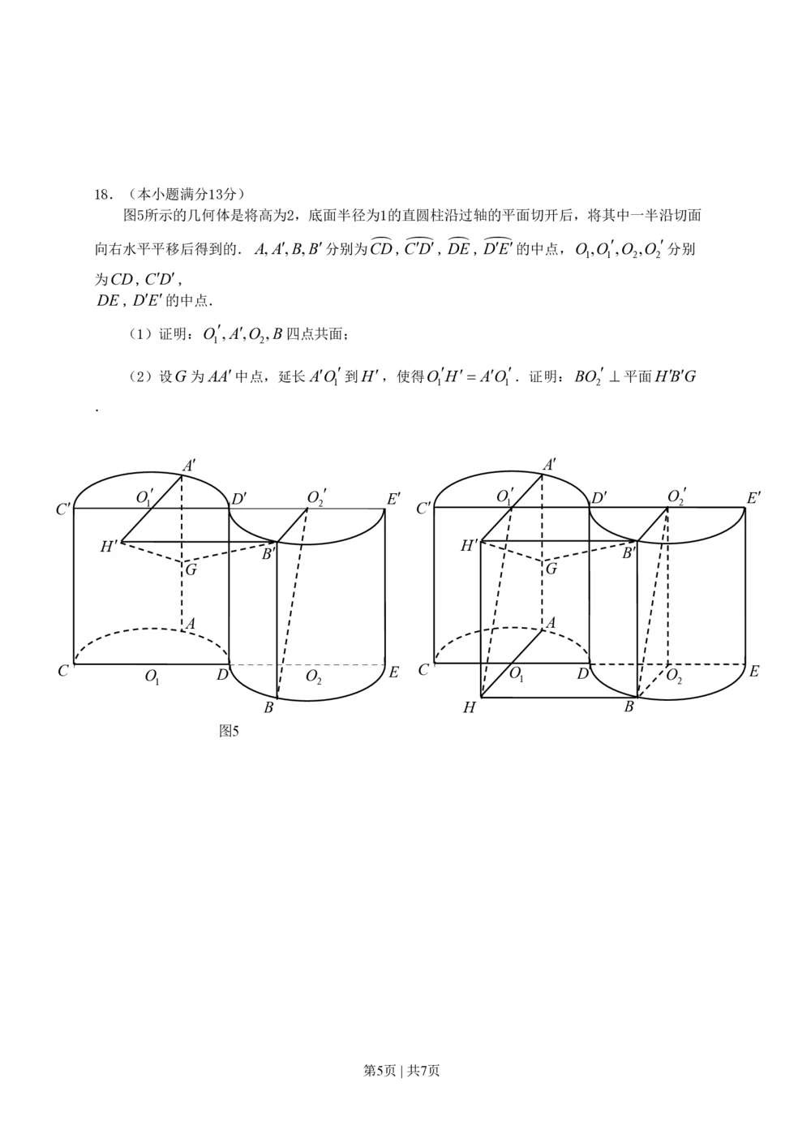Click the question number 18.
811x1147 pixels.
click(102, 194)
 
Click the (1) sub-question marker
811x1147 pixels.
click(137, 333)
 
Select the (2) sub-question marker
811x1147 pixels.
click(137, 376)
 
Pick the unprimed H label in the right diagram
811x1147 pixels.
click(469, 708)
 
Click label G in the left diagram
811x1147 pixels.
click(191, 569)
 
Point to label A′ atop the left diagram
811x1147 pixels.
click(188, 466)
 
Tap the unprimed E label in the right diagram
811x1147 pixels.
click(754, 671)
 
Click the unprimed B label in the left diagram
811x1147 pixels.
click(268, 708)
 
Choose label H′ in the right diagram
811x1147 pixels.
click(469, 546)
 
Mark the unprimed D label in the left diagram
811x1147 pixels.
click(221, 672)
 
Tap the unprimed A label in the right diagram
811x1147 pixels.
click(551, 622)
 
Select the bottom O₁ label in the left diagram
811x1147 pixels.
click(152, 676)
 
